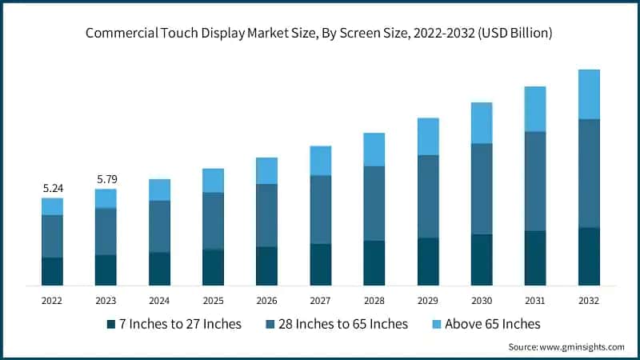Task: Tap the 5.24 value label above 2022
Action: point(53,188)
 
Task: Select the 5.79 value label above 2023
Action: point(106,179)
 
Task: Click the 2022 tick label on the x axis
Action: point(53,300)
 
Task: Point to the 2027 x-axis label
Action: point(321,300)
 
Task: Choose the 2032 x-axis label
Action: point(589,300)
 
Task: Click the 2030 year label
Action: point(482,300)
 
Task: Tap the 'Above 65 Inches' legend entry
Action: point(490,324)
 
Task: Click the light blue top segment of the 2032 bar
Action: point(589,94)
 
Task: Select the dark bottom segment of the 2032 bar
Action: point(589,256)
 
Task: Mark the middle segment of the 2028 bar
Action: point(374,203)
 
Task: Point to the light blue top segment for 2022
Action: point(53,206)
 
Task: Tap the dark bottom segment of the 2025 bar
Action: point(214,267)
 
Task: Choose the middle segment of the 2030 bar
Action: point(482,189)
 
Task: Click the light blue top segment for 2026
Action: point(267,170)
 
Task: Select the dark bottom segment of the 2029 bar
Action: point(428,262)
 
